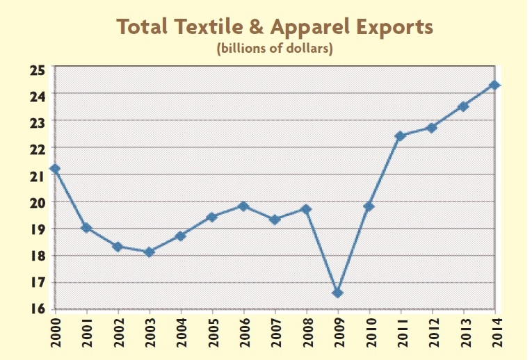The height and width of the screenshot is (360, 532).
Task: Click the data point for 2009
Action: (337, 293)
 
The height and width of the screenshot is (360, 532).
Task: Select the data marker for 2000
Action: (55, 169)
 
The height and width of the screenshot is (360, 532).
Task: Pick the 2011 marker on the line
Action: (400, 136)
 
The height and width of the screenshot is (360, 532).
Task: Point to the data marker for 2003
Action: (149, 252)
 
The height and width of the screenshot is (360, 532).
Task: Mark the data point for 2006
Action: (243, 206)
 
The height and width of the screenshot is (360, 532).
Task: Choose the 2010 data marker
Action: (369, 206)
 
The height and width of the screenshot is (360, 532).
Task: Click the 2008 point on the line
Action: (306, 208)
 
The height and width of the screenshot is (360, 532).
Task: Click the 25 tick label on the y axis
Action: (37, 69)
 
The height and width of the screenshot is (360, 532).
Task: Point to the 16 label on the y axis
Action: (37, 309)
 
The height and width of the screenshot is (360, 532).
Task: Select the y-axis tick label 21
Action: (37, 176)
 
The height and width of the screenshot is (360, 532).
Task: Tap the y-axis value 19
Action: (37, 229)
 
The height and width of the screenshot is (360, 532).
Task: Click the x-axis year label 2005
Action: (213, 332)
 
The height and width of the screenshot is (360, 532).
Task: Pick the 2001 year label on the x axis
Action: (87, 332)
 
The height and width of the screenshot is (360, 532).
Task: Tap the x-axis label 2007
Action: (275, 332)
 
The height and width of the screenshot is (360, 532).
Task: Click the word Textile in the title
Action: (201, 27)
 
